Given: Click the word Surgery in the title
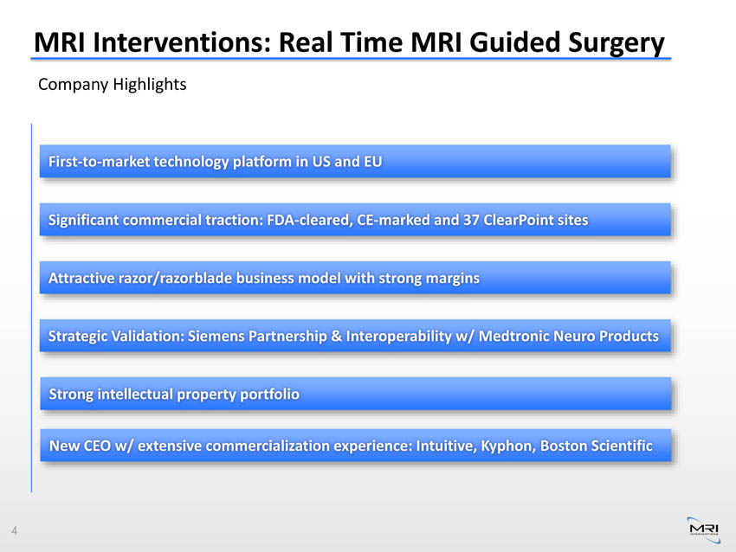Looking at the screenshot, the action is [x=617, y=43].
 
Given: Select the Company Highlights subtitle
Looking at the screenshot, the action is [x=113, y=85].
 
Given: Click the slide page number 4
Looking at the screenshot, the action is [x=14, y=530].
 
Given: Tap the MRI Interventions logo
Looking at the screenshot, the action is [x=704, y=530].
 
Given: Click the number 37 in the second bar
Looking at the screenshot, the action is [x=471, y=220].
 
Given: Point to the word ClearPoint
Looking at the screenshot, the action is [x=518, y=220].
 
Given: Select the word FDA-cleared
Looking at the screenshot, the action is [x=309, y=220].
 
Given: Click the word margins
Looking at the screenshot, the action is [x=453, y=279].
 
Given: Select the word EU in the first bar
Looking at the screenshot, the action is [x=372, y=161].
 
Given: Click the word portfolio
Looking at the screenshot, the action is [x=269, y=394].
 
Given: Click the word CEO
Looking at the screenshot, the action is [x=97, y=446].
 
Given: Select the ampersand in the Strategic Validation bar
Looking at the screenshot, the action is [x=336, y=336].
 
